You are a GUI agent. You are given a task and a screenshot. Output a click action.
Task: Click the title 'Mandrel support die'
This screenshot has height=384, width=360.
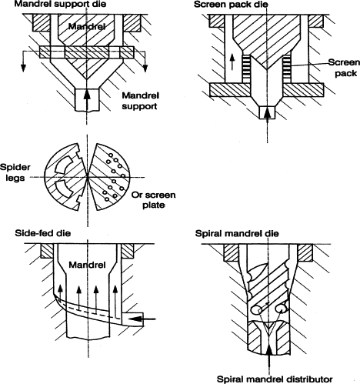tap(60, 4)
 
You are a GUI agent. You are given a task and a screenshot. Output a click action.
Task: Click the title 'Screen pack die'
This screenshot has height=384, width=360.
tap(231, 5)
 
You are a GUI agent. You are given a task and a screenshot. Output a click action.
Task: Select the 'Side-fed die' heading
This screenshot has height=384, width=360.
tap(43, 233)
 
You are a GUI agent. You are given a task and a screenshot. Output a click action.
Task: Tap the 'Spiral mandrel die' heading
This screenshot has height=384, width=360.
tap(237, 234)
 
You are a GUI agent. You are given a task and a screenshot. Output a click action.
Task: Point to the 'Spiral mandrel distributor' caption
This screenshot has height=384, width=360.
tap(275, 379)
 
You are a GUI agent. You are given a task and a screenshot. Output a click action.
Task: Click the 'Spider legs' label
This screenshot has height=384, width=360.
tap(15, 172)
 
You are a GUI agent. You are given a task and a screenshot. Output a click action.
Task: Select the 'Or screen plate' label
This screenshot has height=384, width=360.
tap(154, 200)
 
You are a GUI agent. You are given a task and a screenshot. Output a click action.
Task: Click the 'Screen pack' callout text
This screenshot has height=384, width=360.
tap(345, 68)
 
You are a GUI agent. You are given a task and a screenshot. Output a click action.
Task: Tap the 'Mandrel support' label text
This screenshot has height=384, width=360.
tap(140, 101)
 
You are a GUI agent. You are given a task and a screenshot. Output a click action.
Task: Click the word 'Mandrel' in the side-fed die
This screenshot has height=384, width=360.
tap(87, 265)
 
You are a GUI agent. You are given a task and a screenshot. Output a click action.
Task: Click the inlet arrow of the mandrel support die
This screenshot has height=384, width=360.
tap(87, 101)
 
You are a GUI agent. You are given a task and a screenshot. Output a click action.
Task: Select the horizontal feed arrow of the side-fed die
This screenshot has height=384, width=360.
tap(142, 319)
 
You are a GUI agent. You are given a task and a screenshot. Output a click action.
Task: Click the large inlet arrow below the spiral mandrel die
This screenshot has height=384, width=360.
tap(269, 359)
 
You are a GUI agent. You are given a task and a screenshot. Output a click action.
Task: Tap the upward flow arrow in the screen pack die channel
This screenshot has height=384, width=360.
tap(232, 62)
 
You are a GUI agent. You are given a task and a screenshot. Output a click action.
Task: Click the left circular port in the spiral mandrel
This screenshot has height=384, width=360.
tap(257, 310)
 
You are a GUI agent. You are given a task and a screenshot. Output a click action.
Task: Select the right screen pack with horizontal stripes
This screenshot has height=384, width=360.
tap(287, 68)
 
